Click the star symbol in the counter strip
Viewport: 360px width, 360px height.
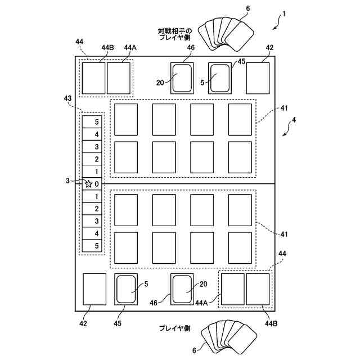[x=88, y=184]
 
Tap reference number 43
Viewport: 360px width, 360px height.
[x=69, y=98]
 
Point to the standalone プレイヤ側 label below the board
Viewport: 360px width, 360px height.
[x=176, y=328]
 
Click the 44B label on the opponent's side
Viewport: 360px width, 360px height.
[x=107, y=48]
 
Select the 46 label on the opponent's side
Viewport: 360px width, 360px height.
[x=191, y=48]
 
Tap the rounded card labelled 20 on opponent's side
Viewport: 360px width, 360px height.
[x=182, y=78]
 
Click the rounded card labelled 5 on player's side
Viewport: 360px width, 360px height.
[x=126, y=289]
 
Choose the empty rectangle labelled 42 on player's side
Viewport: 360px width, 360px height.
[x=94, y=289]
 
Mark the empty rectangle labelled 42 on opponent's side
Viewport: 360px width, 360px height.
[x=258, y=78]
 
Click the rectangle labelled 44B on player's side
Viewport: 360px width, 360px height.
[x=258, y=289]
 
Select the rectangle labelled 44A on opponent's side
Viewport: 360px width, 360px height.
[x=119, y=78]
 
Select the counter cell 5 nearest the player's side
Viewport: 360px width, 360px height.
[x=97, y=246]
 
